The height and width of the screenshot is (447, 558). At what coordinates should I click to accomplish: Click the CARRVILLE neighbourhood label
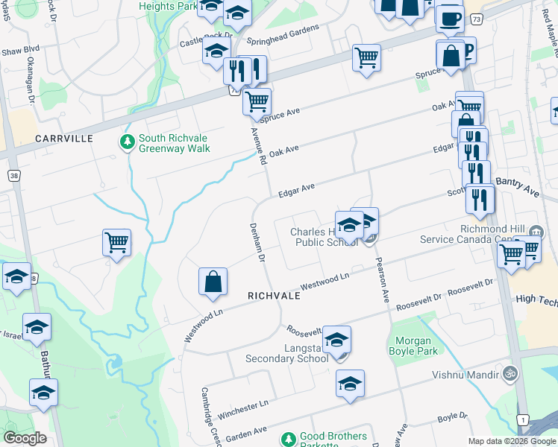tap(63, 139)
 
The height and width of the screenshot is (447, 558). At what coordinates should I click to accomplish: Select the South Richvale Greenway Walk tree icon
tap(127, 142)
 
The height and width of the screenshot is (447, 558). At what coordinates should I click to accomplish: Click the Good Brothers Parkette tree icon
tap(289, 440)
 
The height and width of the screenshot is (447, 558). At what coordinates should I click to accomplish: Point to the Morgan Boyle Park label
tap(409, 346)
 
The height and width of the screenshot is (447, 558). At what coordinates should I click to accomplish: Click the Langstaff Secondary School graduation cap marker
tap(336, 340)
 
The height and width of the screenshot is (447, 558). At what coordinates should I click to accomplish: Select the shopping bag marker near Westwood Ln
tap(213, 282)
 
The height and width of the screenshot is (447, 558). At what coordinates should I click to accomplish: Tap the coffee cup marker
tap(450, 18)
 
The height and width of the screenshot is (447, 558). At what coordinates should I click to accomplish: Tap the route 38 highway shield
tap(13, 176)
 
